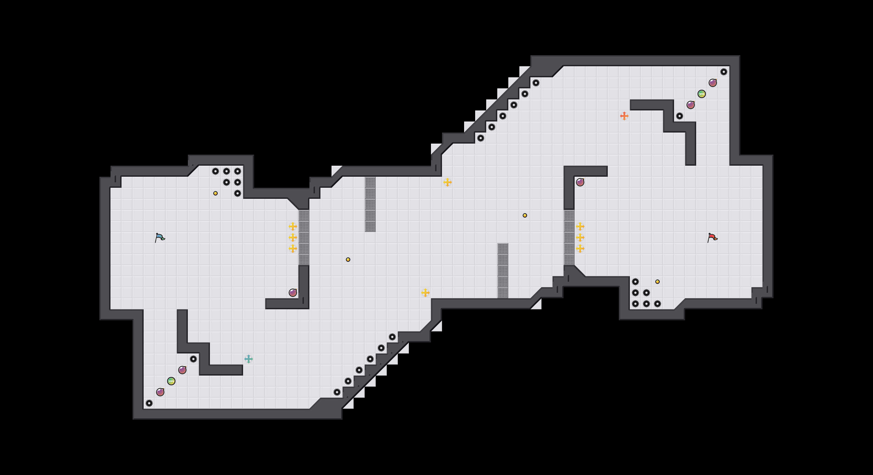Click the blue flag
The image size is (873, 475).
[160, 237]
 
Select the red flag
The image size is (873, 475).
[712, 237]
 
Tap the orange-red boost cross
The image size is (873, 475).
[624, 116]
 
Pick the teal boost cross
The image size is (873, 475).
[248, 359]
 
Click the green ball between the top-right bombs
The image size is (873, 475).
[701, 94]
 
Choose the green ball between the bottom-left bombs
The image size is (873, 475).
[171, 381]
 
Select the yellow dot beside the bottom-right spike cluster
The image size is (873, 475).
[657, 281]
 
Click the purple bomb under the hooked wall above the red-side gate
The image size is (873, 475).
[580, 182]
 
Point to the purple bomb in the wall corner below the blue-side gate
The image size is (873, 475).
[293, 293]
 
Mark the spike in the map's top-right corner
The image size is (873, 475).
[724, 72]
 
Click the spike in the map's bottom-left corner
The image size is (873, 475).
[149, 403]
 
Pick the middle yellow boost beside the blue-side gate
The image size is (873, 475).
[293, 237]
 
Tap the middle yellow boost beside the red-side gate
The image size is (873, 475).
[580, 237]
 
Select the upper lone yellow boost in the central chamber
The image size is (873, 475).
[447, 182]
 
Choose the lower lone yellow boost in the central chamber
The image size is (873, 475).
[425, 293]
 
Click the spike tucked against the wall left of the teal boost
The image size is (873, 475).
[193, 359]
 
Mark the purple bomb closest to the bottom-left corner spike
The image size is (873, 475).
[160, 392]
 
